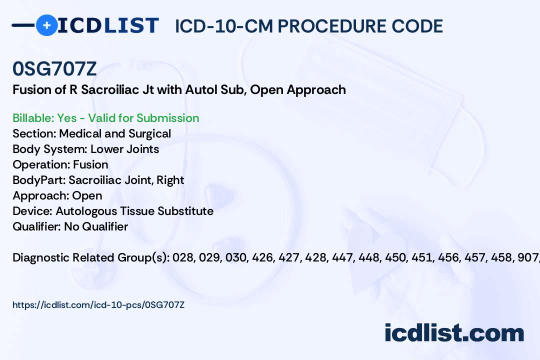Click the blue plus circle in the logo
[x=46, y=25]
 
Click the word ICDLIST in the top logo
[x=108, y=25]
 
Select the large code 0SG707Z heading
[x=54, y=68]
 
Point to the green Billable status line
[x=105, y=118]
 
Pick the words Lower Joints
[x=124, y=149]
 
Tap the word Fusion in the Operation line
[x=90, y=164]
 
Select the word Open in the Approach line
[x=87, y=195]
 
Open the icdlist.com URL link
[x=98, y=305]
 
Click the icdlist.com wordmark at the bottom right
[x=454, y=333]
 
